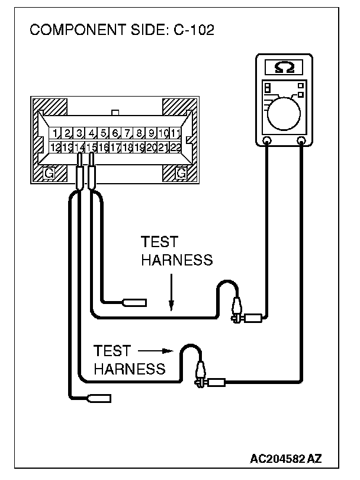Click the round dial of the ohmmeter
click(x=285, y=111)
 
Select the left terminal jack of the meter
click(x=267, y=141)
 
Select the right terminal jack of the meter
click(x=302, y=141)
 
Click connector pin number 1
click(x=54, y=133)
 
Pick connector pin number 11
click(x=176, y=133)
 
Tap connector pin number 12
click(x=54, y=146)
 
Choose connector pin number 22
click(x=176, y=146)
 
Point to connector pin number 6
click(x=115, y=133)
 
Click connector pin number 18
click(x=127, y=146)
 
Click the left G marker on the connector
click(x=50, y=172)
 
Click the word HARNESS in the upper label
click(x=176, y=261)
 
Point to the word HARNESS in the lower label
click(x=129, y=369)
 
